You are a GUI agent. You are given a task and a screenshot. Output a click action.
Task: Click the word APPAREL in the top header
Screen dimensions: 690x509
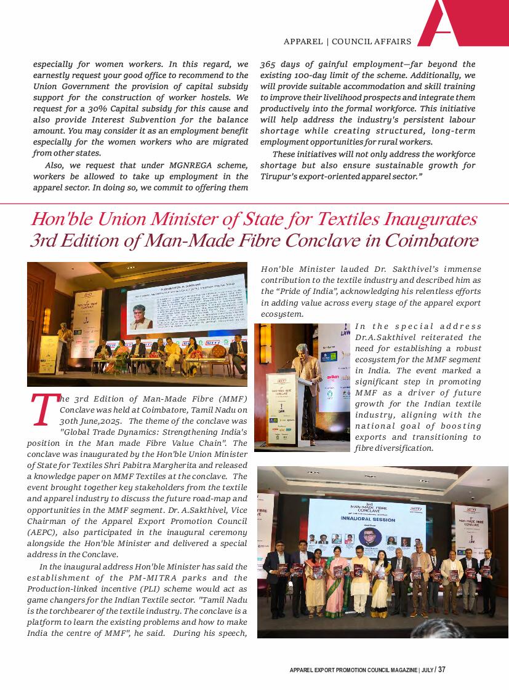pyautogui.click(x=303, y=42)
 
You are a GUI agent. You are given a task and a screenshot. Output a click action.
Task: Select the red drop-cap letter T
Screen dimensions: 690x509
pyautogui.click(x=43, y=411)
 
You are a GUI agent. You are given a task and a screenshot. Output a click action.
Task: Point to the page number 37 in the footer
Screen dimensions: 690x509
pyautogui.click(x=441, y=670)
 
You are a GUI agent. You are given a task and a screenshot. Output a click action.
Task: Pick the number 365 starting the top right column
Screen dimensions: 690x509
pyautogui.click(x=268, y=64)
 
